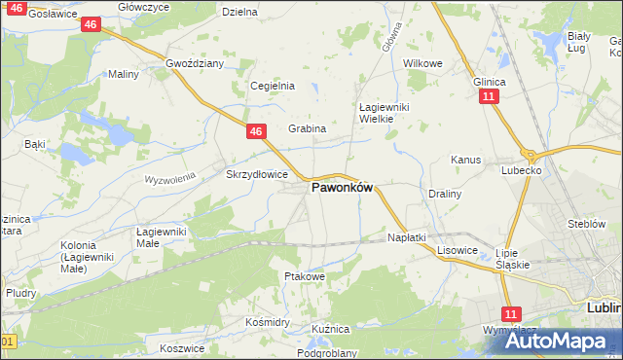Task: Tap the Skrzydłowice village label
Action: pyautogui.click(x=256, y=174)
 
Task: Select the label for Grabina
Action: pyautogui.click(x=307, y=128)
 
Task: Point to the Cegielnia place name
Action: pyautogui.click(x=273, y=86)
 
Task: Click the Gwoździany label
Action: pyautogui.click(x=195, y=63)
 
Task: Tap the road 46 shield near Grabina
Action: pyautogui.click(x=255, y=130)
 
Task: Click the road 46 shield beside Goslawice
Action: pyautogui.click(x=90, y=23)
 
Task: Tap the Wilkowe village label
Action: pyautogui.click(x=422, y=63)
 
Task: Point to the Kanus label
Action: pyautogui.click(x=466, y=159)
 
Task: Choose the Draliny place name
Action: pyautogui.click(x=445, y=194)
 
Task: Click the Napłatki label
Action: pyautogui.click(x=407, y=237)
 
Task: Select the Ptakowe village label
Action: pyautogui.click(x=304, y=276)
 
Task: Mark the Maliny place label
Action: pyautogui.click(x=124, y=74)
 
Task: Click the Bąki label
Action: pyautogui.click(x=35, y=144)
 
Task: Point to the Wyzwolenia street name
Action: pyautogui.click(x=171, y=179)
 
